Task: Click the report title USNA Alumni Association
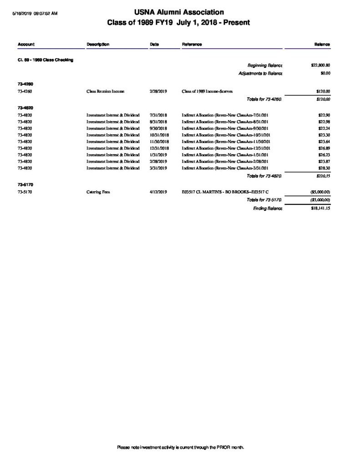(x=178, y=12)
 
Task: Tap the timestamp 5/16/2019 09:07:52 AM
(x=35, y=14)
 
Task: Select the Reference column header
(x=192, y=44)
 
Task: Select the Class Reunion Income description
(x=105, y=91)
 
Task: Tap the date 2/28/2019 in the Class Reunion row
(x=158, y=91)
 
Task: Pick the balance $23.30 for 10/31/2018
(x=324, y=135)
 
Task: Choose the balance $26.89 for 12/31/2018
(x=324, y=148)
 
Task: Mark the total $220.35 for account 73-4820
(x=323, y=176)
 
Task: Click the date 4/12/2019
(x=158, y=192)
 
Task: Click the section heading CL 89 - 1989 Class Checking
(x=45, y=61)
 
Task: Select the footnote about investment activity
(x=181, y=447)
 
